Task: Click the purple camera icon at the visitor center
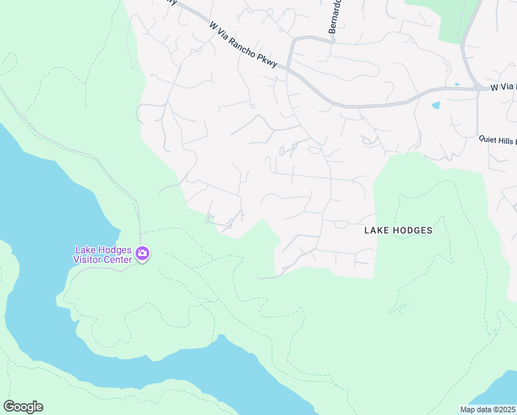click(142, 255)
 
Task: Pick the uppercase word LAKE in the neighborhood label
click(377, 230)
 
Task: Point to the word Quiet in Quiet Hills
click(490, 138)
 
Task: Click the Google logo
click(23, 407)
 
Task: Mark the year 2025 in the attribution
click(507, 409)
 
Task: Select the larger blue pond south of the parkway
click(435, 106)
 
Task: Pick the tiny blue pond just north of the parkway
click(457, 84)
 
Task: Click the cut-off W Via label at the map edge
click(502, 87)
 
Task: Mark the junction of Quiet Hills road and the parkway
click(478, 89)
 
